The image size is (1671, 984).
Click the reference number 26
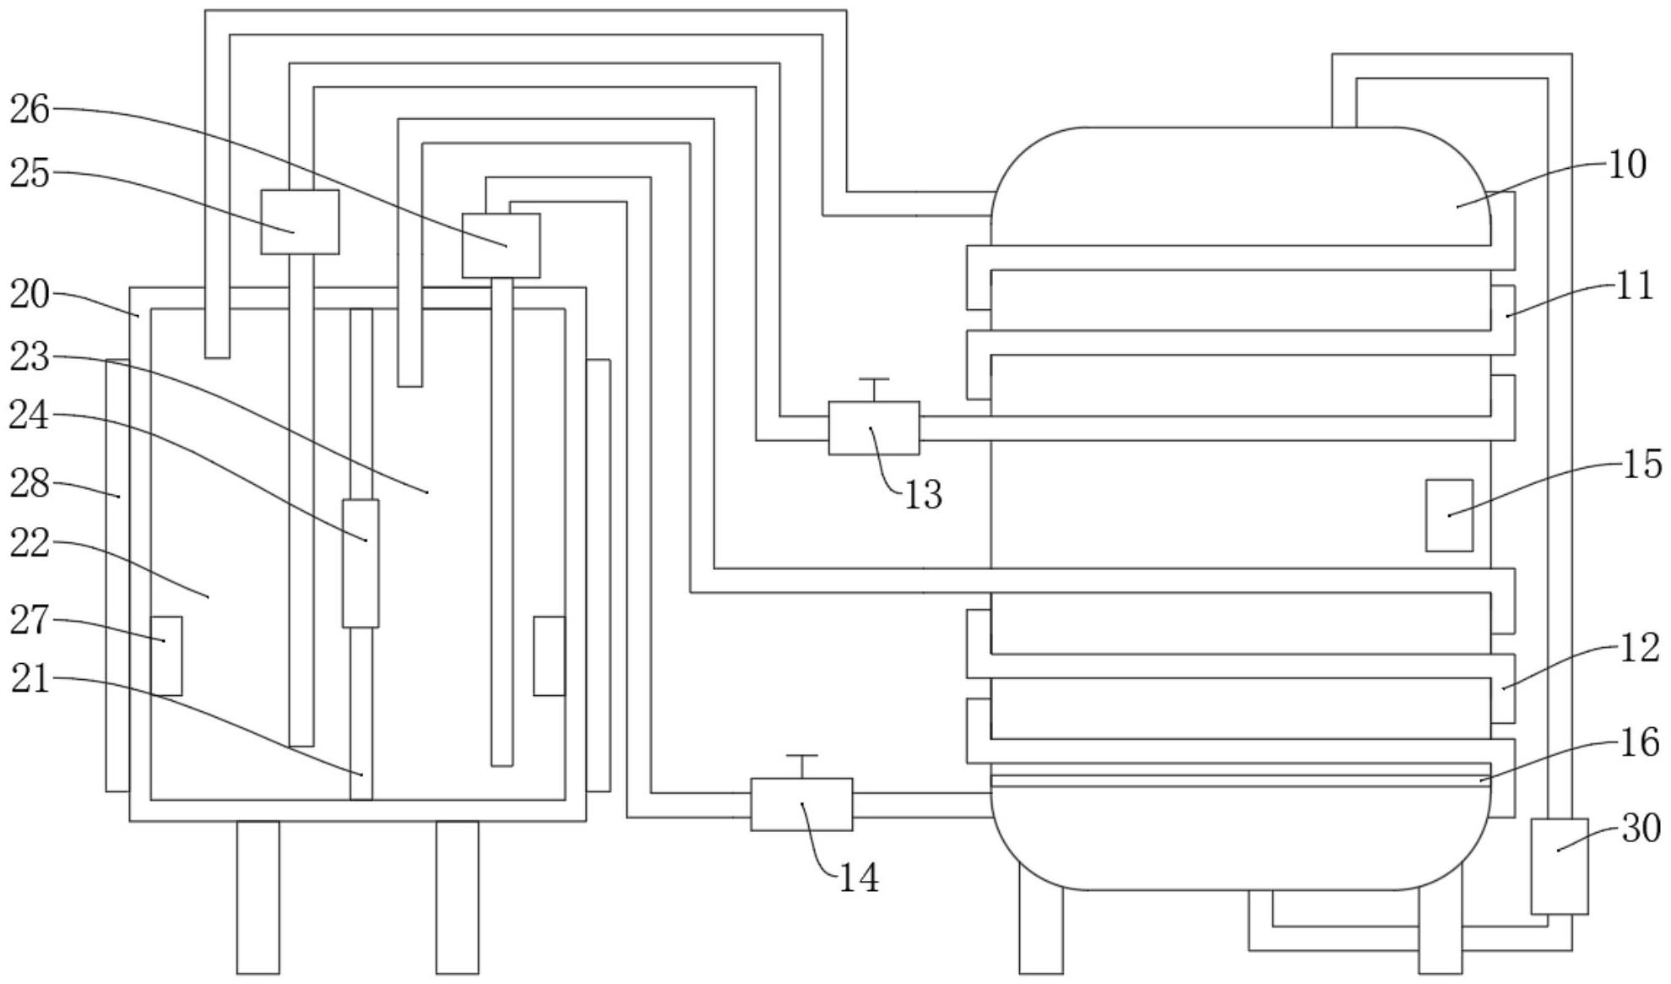30,110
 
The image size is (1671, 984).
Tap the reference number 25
30,174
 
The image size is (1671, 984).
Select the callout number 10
1626,165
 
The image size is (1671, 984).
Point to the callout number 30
1641,829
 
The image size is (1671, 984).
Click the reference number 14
858,878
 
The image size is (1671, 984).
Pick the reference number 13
922,495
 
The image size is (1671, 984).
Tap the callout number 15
1641,465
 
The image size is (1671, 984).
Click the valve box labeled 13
874,428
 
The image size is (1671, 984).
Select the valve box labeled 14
801,804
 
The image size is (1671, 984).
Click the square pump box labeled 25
300,222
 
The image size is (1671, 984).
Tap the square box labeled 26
501,246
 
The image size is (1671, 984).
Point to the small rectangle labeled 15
1449,515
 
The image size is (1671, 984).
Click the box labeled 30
1559,866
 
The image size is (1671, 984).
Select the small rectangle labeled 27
166,655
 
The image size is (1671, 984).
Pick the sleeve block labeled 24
361,563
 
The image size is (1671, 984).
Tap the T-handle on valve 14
801,758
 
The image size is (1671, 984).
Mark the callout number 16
1639,743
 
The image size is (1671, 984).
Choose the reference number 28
30,485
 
